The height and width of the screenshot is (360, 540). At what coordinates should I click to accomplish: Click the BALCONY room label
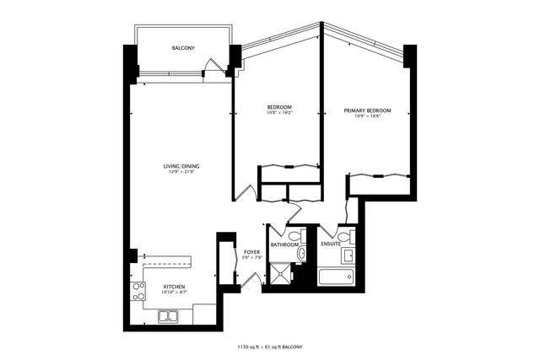pos(183,48)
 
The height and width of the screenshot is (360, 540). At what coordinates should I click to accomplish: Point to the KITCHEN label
pos(174,286)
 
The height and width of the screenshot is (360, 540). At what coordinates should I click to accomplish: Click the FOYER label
pos(251,251)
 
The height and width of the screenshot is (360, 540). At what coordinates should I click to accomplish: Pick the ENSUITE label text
pos(331,244)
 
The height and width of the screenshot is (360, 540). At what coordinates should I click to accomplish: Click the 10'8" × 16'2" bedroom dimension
pos(279,114)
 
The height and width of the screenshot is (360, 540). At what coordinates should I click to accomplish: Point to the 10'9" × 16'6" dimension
pos(367,117)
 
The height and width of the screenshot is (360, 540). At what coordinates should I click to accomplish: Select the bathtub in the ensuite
pos(337,276)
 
